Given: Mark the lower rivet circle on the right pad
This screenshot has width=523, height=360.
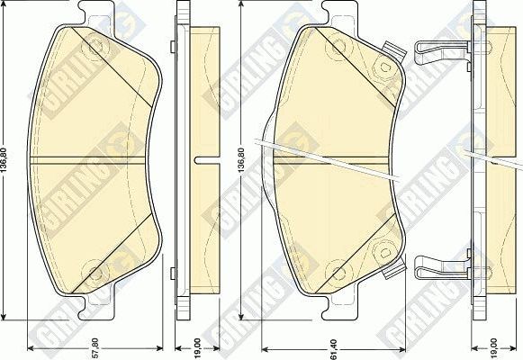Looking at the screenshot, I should point(336,268).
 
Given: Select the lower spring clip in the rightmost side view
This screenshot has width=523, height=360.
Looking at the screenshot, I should point(441,265).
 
